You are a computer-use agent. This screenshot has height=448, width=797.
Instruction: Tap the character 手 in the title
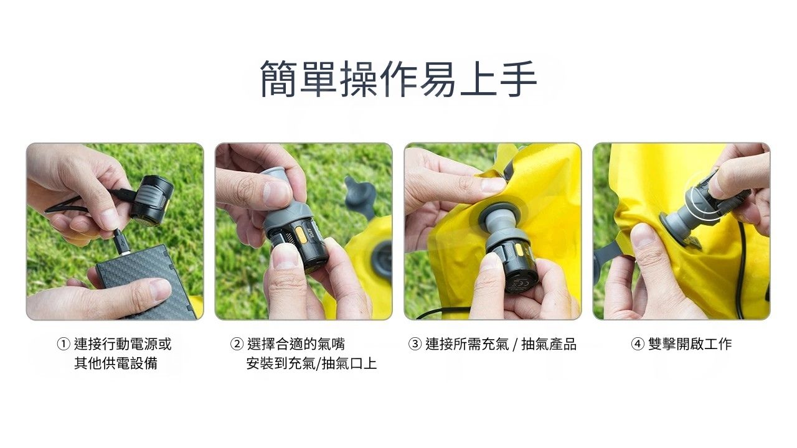[x=519, y=79]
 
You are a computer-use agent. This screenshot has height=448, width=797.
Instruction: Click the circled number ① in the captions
[x=64, y=344]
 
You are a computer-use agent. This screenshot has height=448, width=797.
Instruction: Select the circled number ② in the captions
[x=237, y=344]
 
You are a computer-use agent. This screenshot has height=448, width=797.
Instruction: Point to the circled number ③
[x=415, y=344]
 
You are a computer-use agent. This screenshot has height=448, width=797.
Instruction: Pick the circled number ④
[x=638, y=344]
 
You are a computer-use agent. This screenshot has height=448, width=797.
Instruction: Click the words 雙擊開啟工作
[x=690, y=344]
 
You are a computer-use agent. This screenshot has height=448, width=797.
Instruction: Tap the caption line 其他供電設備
[x=116, y=363]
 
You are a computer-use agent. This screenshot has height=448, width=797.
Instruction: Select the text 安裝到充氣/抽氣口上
[x=311, y=363]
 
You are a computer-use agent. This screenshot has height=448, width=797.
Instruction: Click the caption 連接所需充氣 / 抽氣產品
[x=501, y=344]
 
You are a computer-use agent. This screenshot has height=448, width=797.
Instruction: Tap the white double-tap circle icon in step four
[x=704, y=195]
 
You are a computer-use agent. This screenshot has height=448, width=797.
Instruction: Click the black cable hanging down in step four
[x=741, y=270]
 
